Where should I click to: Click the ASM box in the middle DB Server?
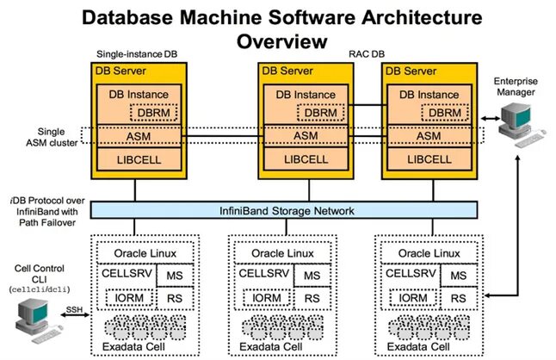coord(305,135)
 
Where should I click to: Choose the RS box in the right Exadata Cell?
coord(459,298)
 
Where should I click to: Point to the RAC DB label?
coord(366,53)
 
